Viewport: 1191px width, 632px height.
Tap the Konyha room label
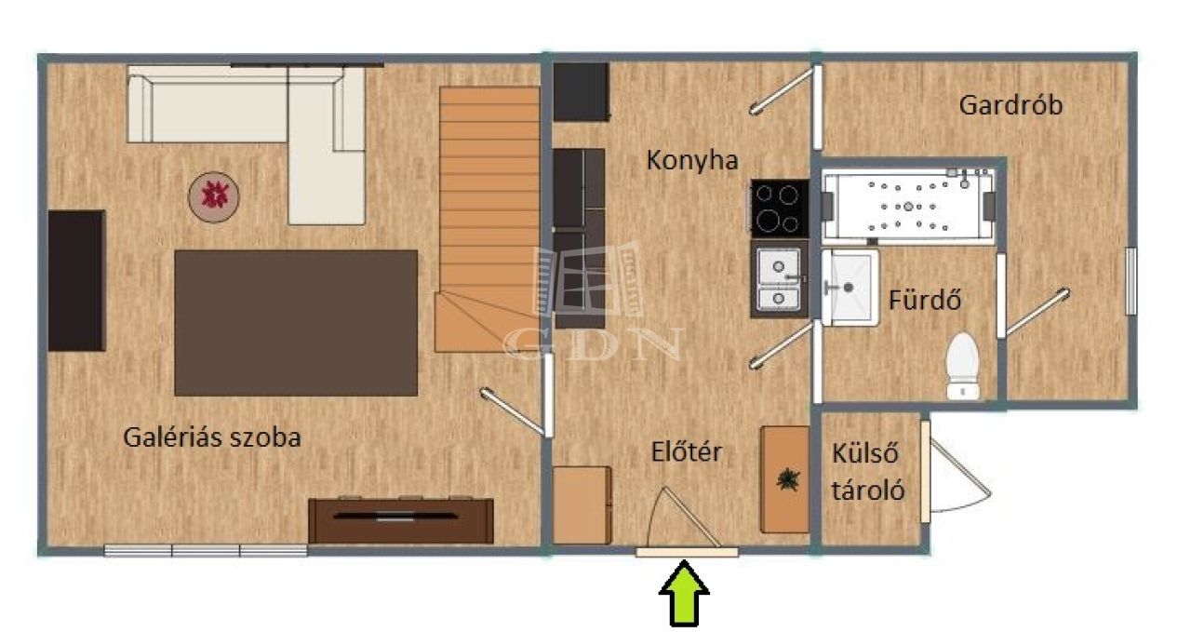pos(692,159)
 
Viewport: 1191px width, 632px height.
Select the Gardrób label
pos(1010,105)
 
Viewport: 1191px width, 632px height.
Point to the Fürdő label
pos(925,300)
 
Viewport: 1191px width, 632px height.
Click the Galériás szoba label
pos(211,437)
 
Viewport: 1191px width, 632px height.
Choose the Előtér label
pos(687,451)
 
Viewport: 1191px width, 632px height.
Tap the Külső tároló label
pos(868,472)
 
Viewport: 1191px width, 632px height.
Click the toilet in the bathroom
pos(963,366)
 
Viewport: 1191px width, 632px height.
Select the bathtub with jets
pos(907,206)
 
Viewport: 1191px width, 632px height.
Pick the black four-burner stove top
pos(780,208)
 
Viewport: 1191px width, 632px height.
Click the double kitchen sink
pos(780,279)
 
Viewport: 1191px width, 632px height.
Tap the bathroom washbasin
pos(850,288)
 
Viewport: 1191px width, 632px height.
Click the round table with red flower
pos(214,196)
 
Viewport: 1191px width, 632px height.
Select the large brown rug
pos(296,323)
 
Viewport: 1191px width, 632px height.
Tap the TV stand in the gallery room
pos(401,519)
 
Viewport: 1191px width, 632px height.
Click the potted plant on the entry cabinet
pos(787,478)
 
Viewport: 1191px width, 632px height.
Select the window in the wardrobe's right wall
pos(1131,281)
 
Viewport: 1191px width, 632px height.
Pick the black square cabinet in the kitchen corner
pos(581,92)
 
